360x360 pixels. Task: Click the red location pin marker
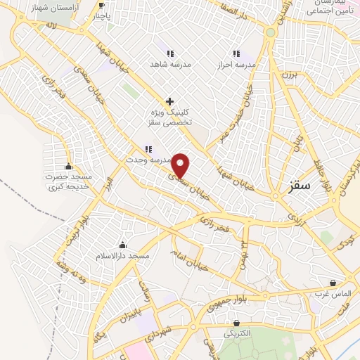point(181,165)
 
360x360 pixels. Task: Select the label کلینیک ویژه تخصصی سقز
point(170,117)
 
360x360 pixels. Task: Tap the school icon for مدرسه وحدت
point(148,149)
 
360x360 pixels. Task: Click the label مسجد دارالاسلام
point(123,257)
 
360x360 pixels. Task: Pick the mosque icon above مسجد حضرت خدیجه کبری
point(68,167)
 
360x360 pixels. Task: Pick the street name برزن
point(291,72)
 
